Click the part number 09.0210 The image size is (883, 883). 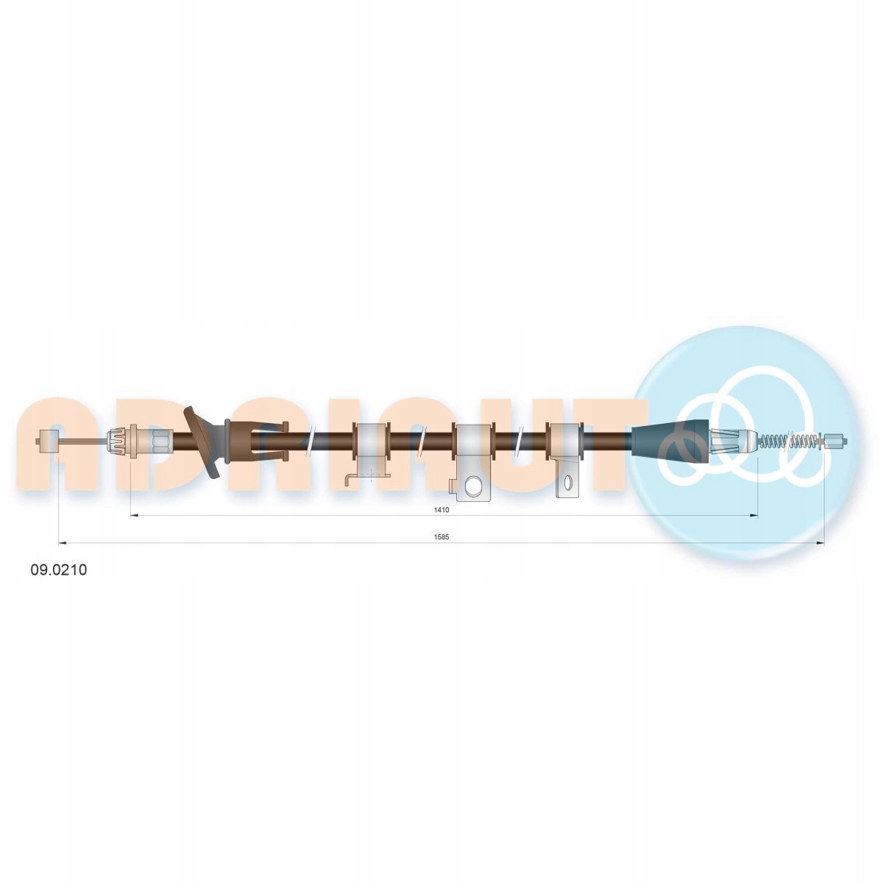[59, 570]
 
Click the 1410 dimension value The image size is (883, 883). [443, 509]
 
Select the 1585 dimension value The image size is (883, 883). [441, 537]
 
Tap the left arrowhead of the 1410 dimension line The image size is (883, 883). [135, 516]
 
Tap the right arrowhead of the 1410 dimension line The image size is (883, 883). [753, 516]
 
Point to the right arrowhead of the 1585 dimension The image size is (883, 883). [820, 544]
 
